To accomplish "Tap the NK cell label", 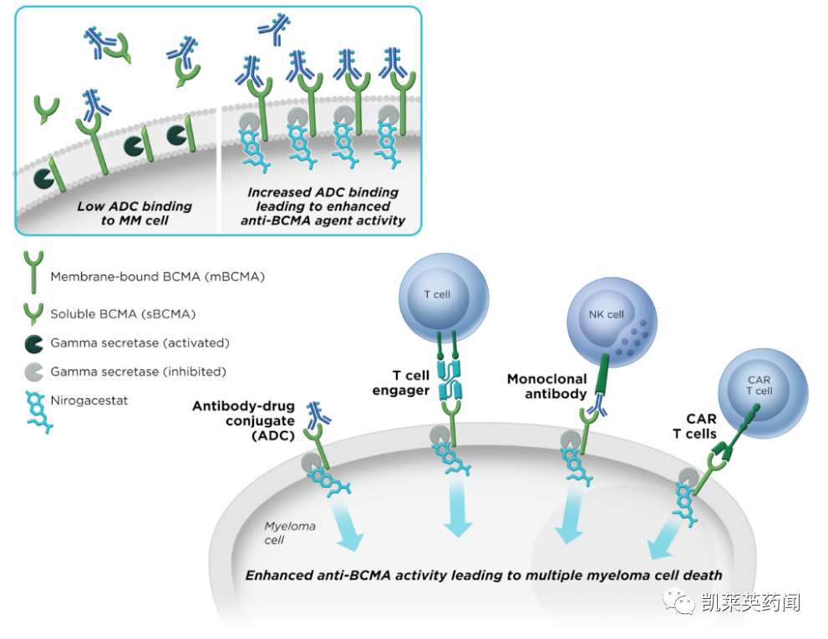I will (x=606, y=315).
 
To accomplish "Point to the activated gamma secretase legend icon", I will (x=34, y=342).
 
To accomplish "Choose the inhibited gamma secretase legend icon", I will (x=34, y=372).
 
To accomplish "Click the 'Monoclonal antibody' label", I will (x=546, y=387).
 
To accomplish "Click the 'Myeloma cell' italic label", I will (x=290, y=533).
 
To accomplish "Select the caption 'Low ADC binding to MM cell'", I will (x=135, y=213).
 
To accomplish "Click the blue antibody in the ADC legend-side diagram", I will (x=318, y=413).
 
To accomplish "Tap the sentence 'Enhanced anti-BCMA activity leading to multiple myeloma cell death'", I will (x=484, y=575).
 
